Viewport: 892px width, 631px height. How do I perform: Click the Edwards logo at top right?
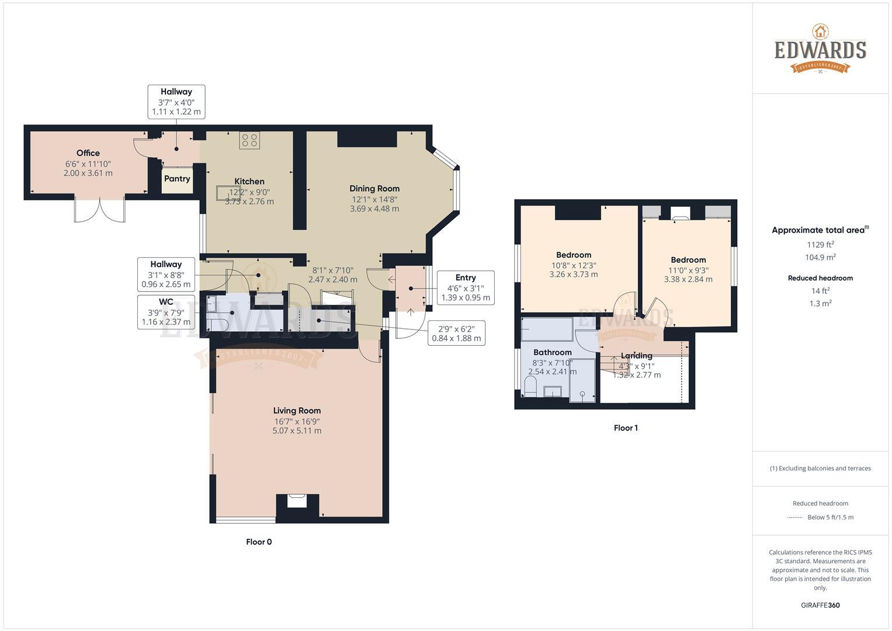tap(820, 49)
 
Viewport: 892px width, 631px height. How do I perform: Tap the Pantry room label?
tap(177, 179)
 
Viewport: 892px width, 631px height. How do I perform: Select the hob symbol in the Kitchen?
tap(249, 140)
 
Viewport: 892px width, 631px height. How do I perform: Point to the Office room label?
tap(88, 153)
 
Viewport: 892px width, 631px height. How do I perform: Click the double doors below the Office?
tap(100, 210)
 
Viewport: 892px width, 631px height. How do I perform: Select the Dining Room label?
tap(374, 189)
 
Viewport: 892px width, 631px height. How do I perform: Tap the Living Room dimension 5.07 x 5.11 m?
tap(297, 431)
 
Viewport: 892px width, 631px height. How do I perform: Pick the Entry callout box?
tap(466, 287)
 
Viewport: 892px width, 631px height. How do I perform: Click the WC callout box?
tap(166, 312)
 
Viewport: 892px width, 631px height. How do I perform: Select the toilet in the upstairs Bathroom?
tap(530, 386)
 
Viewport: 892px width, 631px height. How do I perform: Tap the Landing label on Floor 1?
tap(636, 356)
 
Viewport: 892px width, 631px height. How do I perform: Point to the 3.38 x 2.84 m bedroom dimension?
tap(688, 279)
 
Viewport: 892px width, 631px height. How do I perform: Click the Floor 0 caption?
tap(259, 542)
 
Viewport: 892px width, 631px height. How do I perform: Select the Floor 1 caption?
tap(626, 428)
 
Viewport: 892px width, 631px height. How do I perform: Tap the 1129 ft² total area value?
tap(820, 244)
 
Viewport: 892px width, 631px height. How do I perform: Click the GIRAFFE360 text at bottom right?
tap(820, 605)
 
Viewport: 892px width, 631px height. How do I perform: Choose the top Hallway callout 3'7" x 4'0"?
tap(176, 102)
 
